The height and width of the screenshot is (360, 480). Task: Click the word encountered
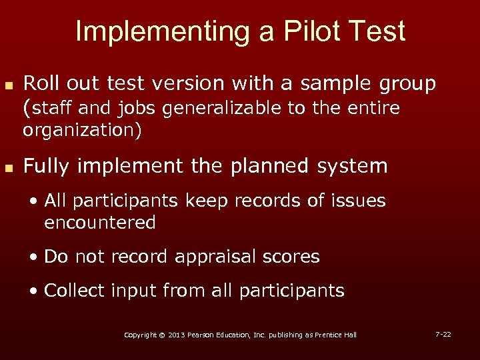pos(100,223)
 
